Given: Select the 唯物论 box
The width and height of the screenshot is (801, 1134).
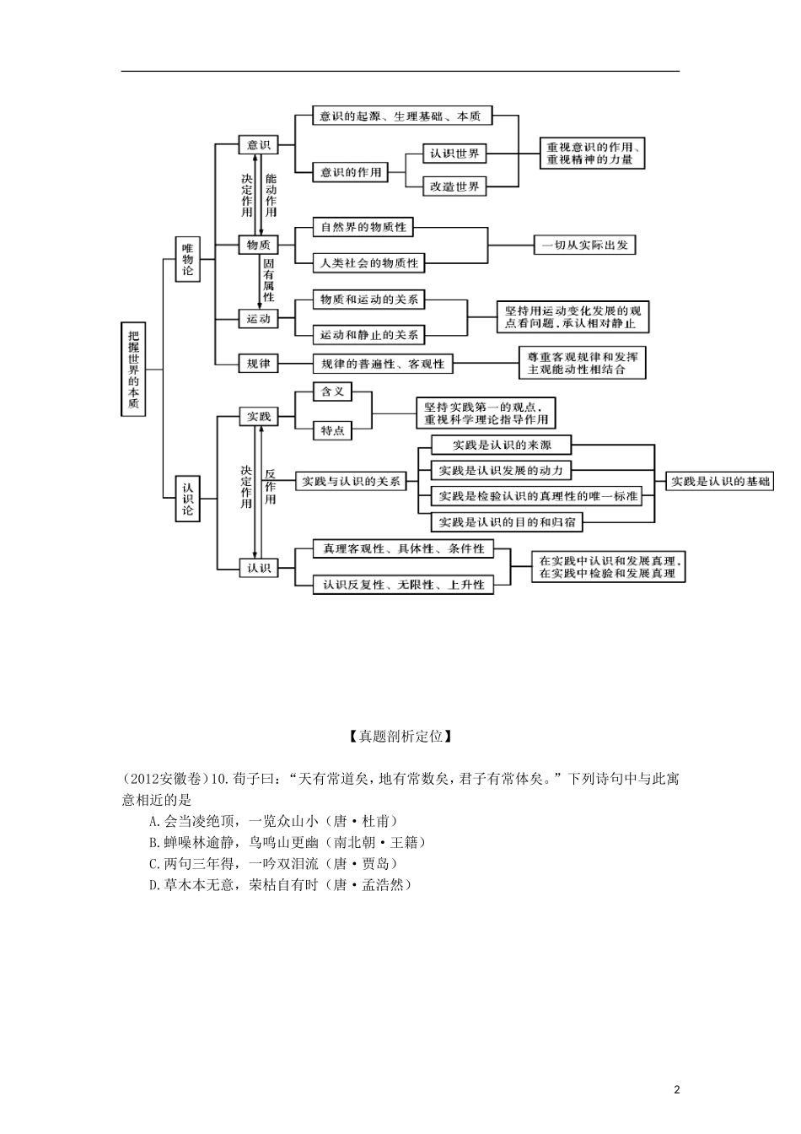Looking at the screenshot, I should [x=188, y=258].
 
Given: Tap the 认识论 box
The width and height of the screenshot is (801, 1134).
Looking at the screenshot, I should [x=188, y=499].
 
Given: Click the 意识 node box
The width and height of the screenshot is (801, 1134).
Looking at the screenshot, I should [x=257, y=145].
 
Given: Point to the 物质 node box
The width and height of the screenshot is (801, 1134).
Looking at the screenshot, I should [x=257, y=245].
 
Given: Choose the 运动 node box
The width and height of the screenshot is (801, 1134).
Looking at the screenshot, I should [x=257, y=319].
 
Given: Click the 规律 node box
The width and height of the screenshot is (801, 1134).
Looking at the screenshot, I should [x=257, y=364].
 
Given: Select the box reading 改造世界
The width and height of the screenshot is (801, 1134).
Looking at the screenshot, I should [x=454, y=186].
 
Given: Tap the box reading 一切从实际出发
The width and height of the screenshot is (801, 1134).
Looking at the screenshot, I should [x=585, y=245].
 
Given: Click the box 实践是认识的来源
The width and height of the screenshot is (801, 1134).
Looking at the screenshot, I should [x=501, y=445].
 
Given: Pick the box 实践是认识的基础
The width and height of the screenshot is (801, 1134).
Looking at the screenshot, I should [x=719, y=482].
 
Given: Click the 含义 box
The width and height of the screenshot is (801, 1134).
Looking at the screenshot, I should [x=332, y=391].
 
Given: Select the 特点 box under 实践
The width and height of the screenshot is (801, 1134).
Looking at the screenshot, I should [x=332, y=430].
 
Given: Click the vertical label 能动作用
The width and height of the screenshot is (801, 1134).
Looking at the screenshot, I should [x=271, y=195].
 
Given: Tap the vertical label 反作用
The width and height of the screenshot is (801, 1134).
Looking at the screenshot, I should [x=271, y=487].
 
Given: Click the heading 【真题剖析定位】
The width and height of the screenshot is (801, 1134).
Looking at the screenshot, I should [x=400, y=736].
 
